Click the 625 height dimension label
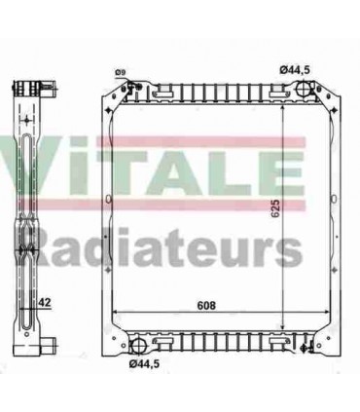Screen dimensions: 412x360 [x=275, y=207]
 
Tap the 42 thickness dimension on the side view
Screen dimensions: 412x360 [x=44, y=303]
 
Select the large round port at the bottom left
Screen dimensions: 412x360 [x=138, y=346]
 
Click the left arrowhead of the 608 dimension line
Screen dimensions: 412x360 [x=115, y=313]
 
